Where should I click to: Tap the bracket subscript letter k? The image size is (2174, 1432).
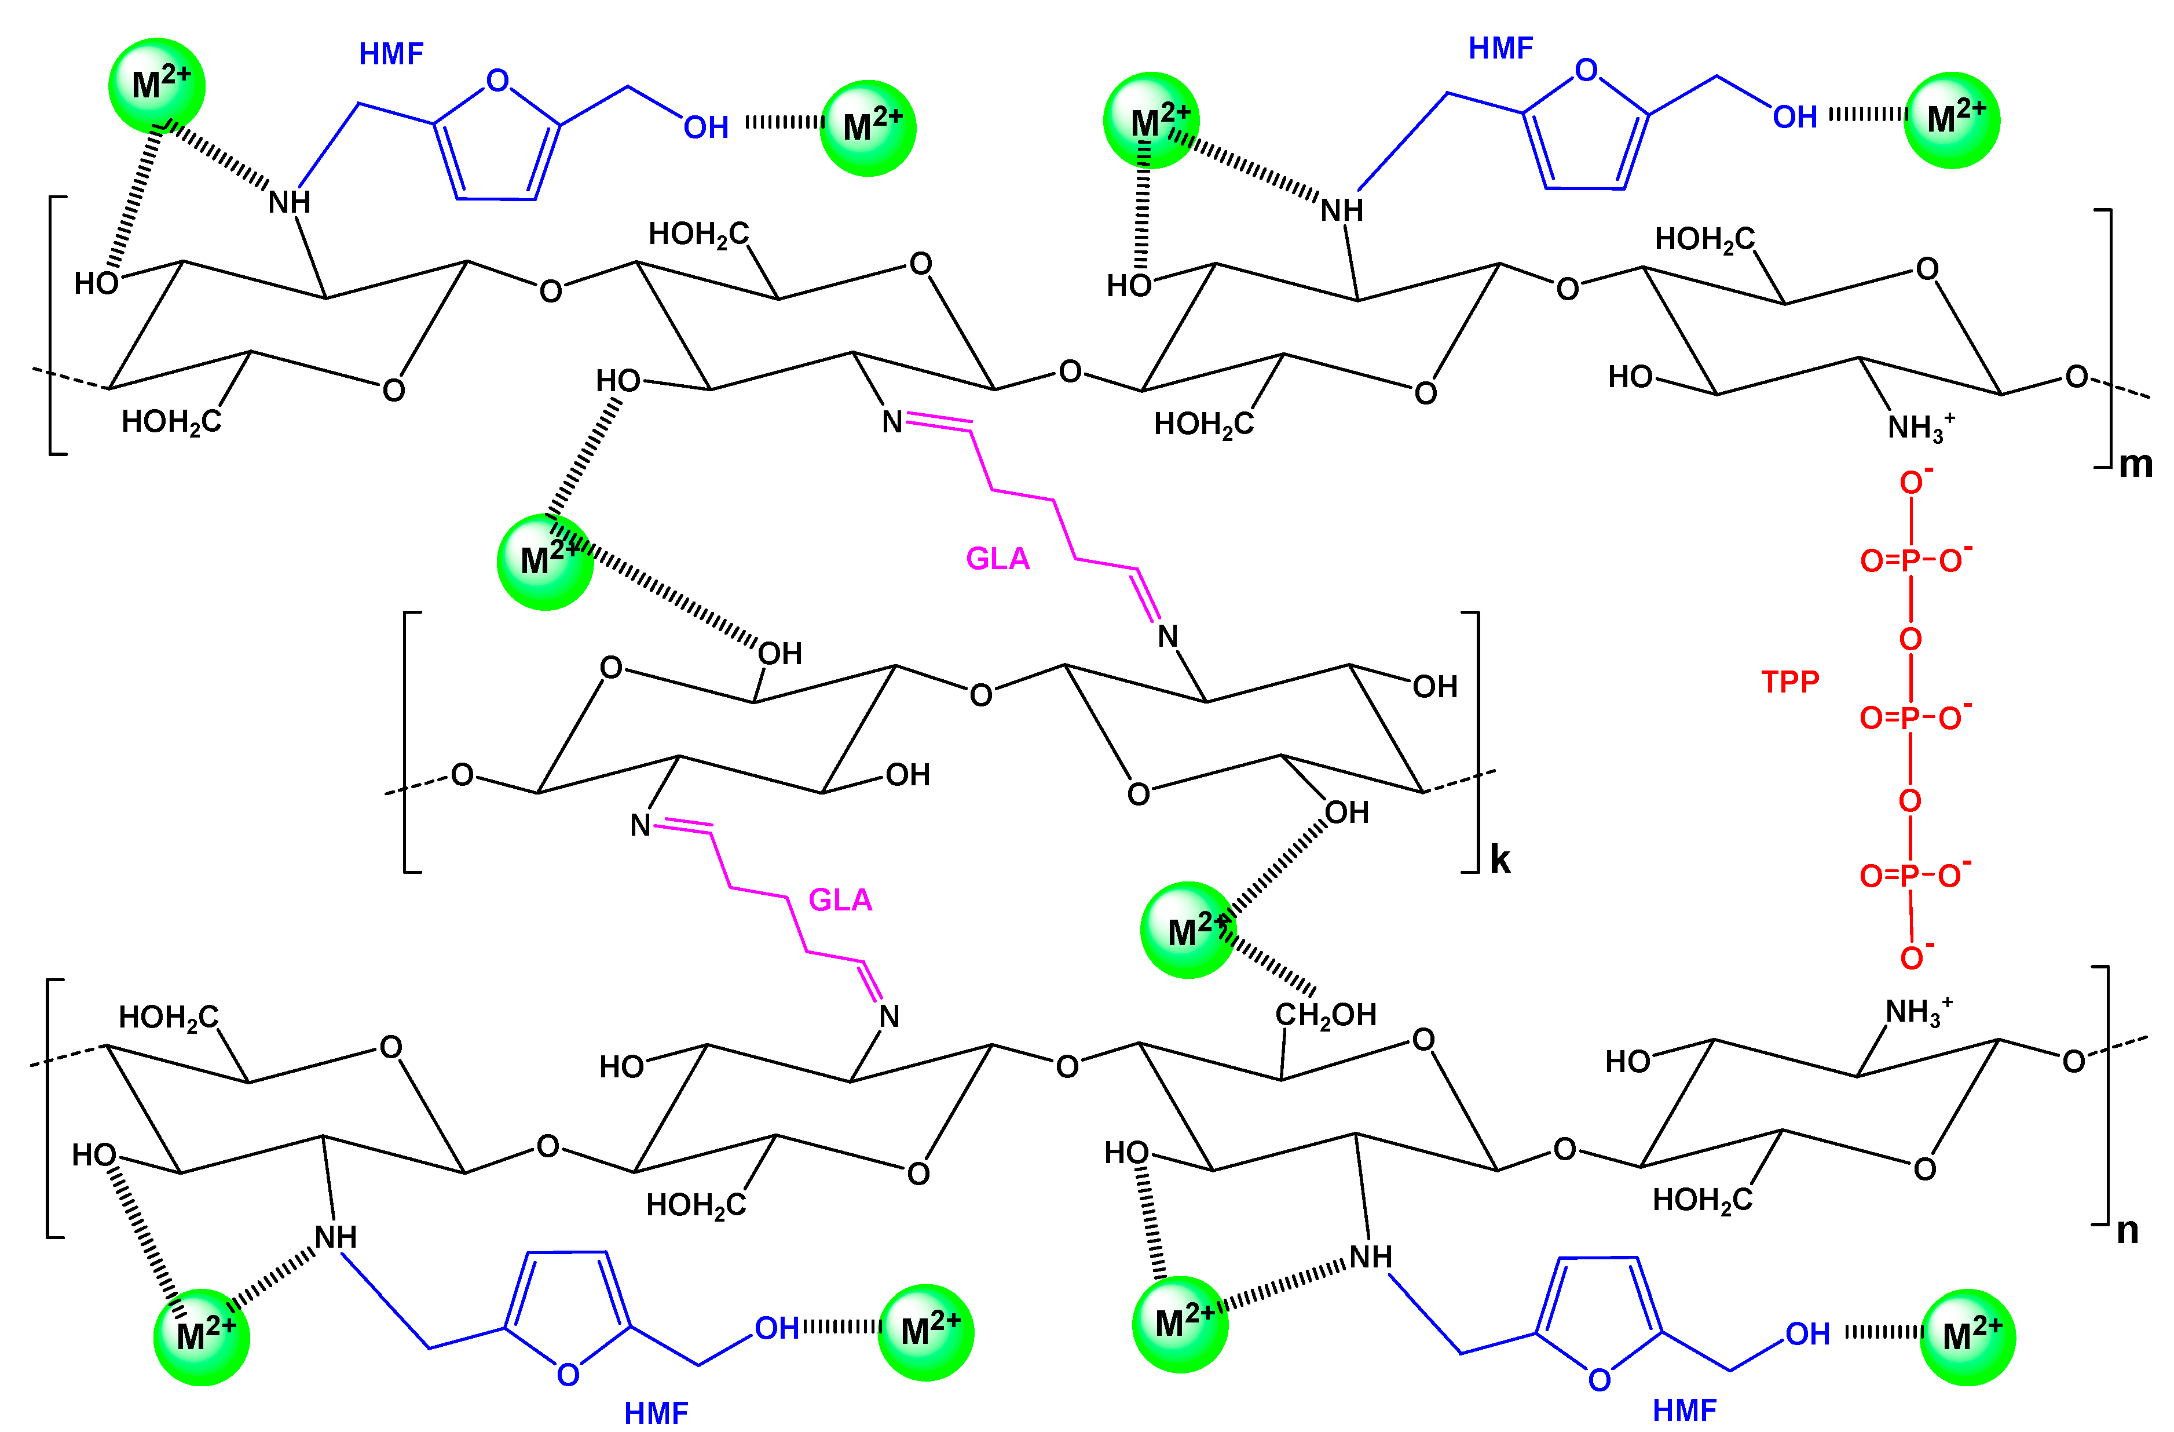[x=1500, y=860]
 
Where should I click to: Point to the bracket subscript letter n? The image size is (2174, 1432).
[x=2128, y=1230]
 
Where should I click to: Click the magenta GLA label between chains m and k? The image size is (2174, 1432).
[x=997, y=558]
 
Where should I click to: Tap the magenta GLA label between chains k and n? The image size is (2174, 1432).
[x=840, y=900]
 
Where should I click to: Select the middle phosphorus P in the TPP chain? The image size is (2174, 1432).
[x=1910, y=718]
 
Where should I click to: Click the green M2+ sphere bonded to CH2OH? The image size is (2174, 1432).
[x=1188, y=930]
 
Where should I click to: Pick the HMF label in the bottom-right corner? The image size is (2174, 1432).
[x=1685, y=1410]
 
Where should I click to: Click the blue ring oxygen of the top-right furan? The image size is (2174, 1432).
[x=1587, y=70]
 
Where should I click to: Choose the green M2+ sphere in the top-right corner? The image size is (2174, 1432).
[x=1952, y=121]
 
